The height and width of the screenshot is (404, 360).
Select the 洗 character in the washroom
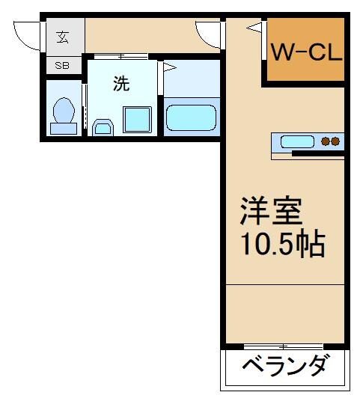point(120,84)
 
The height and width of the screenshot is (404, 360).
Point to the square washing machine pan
point(136,119)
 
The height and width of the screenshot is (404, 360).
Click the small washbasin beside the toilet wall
point(103,128)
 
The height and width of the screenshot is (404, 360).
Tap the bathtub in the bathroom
point(191,117)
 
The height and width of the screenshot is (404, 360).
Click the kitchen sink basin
point(298,141)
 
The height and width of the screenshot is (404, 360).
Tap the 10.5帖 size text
point(282,245)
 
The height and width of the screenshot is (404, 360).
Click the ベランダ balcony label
point(284,369)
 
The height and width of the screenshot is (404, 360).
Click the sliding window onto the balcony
point(284,346)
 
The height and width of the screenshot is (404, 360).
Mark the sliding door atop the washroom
point(122,56)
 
